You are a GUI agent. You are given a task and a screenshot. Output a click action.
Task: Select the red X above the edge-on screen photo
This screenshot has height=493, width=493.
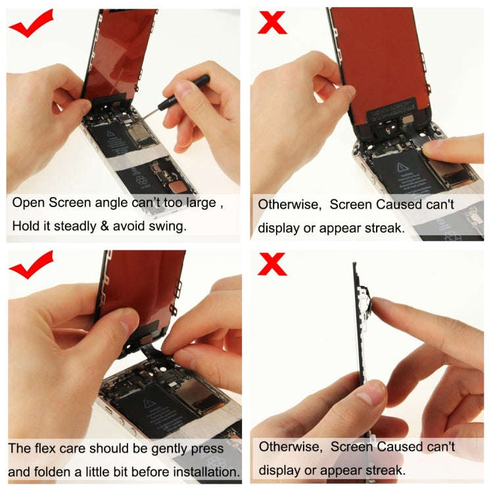pos(272,264)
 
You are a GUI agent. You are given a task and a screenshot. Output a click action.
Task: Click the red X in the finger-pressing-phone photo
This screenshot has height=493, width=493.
pos(272,22)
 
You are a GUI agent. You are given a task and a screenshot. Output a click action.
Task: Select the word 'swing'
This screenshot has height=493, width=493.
pos(169,227)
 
